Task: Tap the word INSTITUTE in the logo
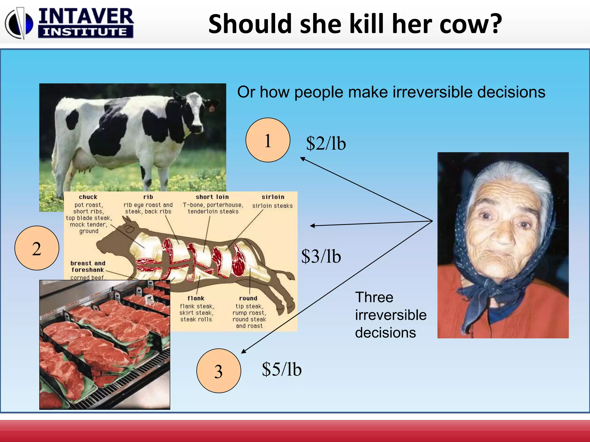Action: coord(85,32)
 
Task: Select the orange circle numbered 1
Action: coord(268,140)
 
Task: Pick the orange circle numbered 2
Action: coord(37,248)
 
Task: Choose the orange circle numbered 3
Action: coord(218,371)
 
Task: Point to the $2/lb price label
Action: coord(326,143)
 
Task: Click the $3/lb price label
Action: coord(321,256)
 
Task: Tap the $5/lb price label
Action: coord(281,369)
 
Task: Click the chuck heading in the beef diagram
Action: coord(88,197)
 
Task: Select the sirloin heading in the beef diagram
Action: coord(273,197)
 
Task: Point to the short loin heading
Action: coord(212,197)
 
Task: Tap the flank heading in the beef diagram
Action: coord(196,298)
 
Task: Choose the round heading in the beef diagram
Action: coord(248,298)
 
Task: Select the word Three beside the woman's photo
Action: coord(374,297)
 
